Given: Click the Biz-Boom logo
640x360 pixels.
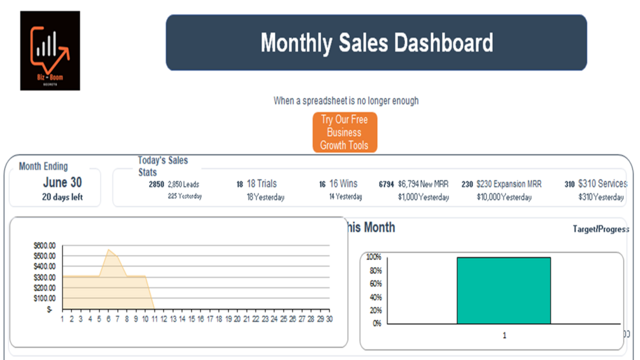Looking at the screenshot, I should pos(50,50).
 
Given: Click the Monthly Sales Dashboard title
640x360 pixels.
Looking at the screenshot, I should pos(376,43).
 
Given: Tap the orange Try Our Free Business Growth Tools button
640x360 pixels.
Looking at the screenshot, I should pos(345,133).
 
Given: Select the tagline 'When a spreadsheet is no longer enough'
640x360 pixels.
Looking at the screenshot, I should pos(346,101).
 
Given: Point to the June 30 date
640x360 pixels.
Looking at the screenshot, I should pos(62,182).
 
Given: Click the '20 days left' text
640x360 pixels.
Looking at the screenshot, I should pos(62,197).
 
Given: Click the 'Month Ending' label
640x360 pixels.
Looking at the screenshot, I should pos(43,166).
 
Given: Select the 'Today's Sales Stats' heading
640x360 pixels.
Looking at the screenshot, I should pos(163,166).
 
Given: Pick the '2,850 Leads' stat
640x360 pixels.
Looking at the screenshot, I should pos(183,184).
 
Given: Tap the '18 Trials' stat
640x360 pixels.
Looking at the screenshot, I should pos(261,184).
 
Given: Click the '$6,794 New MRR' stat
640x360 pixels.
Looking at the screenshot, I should pos(423,184).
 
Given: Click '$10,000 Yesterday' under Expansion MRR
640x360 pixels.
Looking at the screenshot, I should pos(504,197).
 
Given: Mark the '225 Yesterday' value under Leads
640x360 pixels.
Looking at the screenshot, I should pos(185,196).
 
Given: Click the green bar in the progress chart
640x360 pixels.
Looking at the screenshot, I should pos(503,290).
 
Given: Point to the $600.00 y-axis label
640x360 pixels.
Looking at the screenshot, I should pos(44,245).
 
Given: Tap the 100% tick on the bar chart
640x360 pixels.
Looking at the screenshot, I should pos(373,257).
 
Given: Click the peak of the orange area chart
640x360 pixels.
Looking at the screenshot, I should pos(109,250).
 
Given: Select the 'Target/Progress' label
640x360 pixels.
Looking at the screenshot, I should pos(601,229).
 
